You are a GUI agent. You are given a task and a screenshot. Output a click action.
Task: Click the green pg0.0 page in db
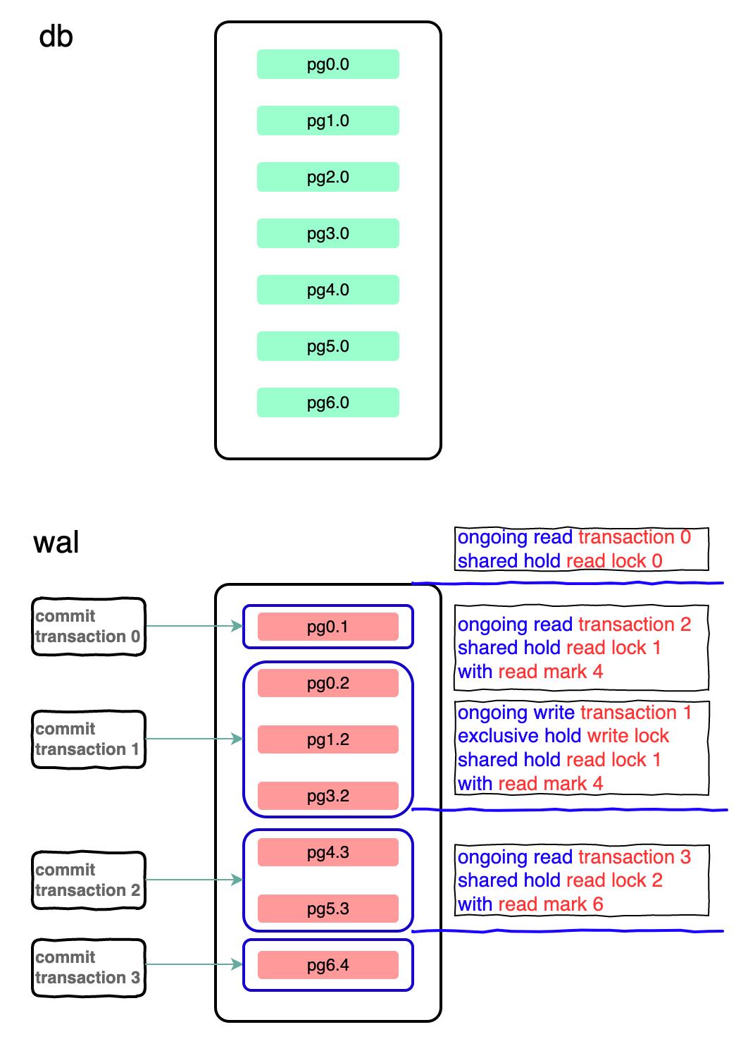pos(328,64)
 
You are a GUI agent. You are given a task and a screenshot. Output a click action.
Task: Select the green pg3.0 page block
pos(328,233)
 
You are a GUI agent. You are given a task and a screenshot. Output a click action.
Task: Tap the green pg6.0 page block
pos(328,402)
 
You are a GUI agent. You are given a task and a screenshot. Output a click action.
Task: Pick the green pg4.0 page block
pos(328,290)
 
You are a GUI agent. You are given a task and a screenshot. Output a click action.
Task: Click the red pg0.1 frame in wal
pos(328,627)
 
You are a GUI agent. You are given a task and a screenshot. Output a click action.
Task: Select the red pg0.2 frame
pos(328,683)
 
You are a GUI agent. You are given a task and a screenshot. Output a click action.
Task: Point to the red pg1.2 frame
pos(328,739)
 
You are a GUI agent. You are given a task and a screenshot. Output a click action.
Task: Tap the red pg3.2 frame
pos(328,796)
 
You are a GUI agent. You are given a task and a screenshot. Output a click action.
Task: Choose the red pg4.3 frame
pos(328,852)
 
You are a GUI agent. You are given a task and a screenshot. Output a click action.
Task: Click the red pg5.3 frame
pos(328,909)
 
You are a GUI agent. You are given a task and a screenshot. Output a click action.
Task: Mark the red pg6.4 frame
pos(328,965)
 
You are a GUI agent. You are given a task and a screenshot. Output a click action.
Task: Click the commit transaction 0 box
pos(88,627)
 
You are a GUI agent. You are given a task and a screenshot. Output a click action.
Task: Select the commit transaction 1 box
pos(88,739)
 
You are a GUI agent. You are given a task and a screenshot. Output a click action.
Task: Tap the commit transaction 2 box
pos(88,880)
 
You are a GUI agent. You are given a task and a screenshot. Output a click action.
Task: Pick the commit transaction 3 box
pos(88,968)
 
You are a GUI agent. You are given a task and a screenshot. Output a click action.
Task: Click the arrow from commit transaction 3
pos(194,964)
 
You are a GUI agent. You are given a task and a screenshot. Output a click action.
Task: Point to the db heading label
pos(56,37)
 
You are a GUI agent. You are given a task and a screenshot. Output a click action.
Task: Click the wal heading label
pos(56,543)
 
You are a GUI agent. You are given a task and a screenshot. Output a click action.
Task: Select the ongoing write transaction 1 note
pos(581,748)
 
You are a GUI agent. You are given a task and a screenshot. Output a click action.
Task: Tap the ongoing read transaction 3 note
pos(581,880)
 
